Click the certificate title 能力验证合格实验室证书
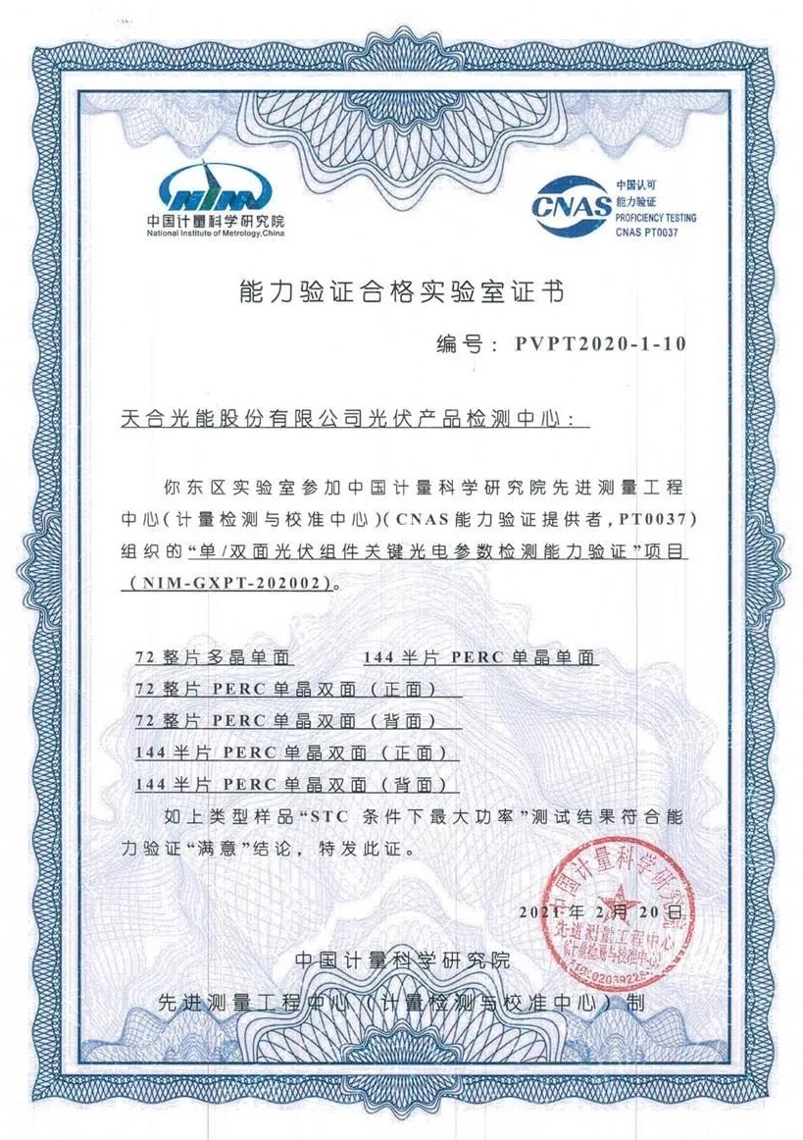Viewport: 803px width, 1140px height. [x=402, y=291]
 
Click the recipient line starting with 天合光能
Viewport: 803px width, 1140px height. [x=353, y=419]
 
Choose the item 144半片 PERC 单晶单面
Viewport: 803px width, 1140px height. [x=480, y=657]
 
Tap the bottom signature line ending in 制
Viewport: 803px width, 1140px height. [x=402, y=1003]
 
